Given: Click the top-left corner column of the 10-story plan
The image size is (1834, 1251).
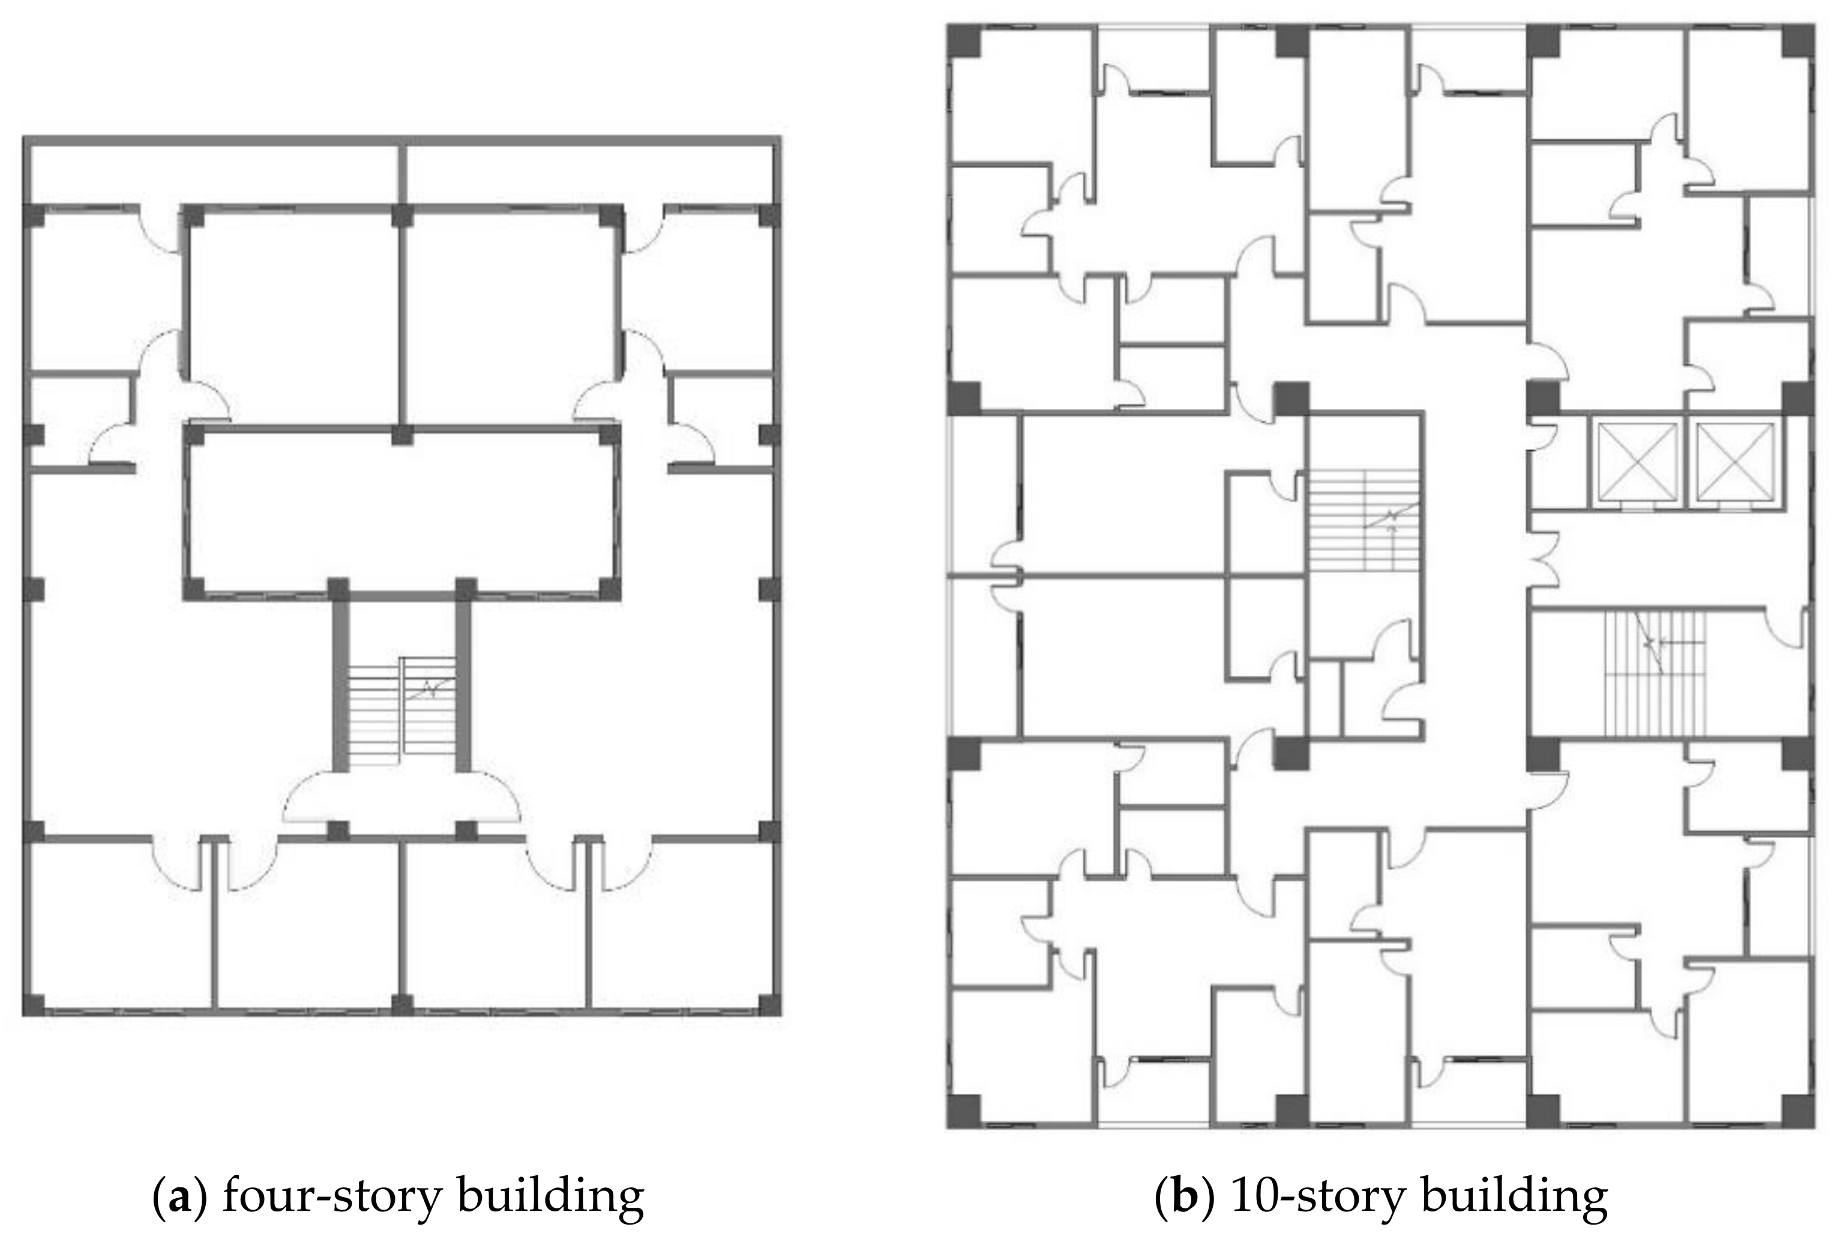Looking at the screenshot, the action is pyautogui.click(x=964, y=41).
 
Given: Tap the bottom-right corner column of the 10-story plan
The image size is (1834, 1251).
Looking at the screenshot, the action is pyautogui.click(x=1798, y=1111).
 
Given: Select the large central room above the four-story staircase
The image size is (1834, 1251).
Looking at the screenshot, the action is pyautogui.click(x=403, y=511).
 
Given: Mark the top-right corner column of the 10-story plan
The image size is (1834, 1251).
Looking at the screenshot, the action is pyautogui.click(x=1798, y=41).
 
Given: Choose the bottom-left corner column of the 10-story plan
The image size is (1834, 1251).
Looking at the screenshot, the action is pyautogui.click(x=964, y=1111).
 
